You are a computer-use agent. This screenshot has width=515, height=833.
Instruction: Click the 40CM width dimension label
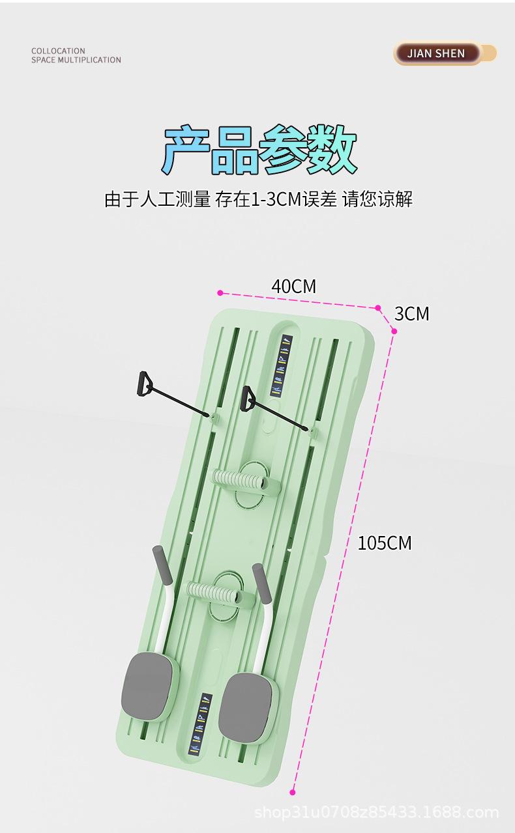pyautogui.click(x=293, y=286)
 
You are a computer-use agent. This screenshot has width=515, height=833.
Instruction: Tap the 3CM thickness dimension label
pyautogui.click(x=412, y=314)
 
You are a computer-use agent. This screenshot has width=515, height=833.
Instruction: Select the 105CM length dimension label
pyautogui.click(x=385, y=543)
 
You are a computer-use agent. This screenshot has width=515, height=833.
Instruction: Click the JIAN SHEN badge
pyautogui.click(x=437, y=53)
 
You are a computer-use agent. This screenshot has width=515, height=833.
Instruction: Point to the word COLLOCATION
pyautogui.click(x=58, y=51)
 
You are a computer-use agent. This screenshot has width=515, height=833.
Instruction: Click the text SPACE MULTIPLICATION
pyautogui.click(x=76, y=60)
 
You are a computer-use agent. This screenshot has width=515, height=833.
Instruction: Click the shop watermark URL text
pyautogui.click(x=376, y=812)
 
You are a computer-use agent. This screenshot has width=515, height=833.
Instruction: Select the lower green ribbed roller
pyautogui.click(x=213, y=593)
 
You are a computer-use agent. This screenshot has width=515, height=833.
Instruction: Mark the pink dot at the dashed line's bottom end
pyautogui.click(x=293, y=792)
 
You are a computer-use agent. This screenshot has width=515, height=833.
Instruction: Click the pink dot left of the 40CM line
pyautogui.click(x=220, y=293)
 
